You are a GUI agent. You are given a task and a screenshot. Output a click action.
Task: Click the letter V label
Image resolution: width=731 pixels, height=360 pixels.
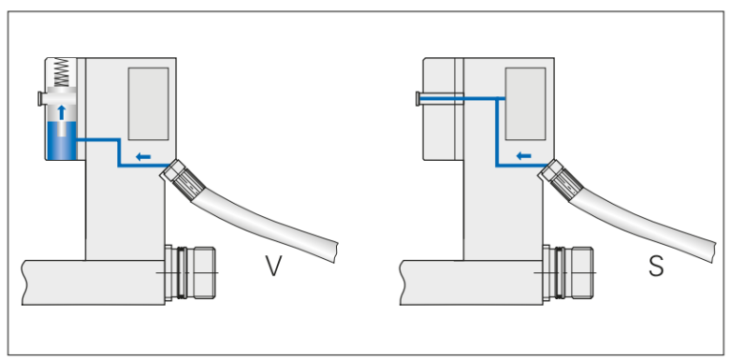pyautogui.click(x=273, y=267)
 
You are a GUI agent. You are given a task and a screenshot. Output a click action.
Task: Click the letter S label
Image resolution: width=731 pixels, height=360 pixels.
pyautogui.click(x=656, y=267)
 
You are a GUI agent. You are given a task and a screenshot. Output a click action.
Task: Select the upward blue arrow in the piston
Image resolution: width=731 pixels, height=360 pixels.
pyautogui.click(x=63, y=112)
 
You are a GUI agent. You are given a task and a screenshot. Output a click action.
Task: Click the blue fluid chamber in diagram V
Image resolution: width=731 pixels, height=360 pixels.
pyautogui.click(x=63, y=144)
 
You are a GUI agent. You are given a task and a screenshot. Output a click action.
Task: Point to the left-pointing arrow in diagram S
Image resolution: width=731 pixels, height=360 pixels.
pyautogui.click(x=523, y=156)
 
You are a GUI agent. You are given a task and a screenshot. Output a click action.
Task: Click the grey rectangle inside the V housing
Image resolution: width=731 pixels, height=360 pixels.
pyautogui.click(x=148, y=104)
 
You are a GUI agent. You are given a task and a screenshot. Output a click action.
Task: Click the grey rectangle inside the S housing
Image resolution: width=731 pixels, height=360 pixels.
pyautogui.click(x=524, y=104)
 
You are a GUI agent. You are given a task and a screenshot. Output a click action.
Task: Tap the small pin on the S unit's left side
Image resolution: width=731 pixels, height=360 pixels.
pyautogui.click(x=419, y=97)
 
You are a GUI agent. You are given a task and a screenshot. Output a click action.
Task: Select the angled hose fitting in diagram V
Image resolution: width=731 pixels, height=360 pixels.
pyautogui.click(x=179, y=177)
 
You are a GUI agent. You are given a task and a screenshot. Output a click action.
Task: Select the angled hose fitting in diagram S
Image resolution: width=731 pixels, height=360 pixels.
pyautogui.click(x=556, y=177)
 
